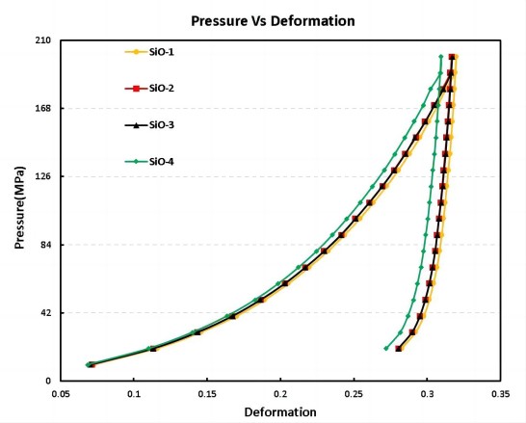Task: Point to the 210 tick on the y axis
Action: (42, 40)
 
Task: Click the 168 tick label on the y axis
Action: (42, 109)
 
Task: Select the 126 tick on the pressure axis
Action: (42, 176)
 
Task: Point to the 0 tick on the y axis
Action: (48, 381)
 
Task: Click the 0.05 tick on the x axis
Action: (61, 395)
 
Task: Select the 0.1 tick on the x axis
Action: (134, 395)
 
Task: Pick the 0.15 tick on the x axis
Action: (207, 395)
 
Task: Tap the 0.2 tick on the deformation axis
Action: (280, 395)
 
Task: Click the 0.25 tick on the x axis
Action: (354, 395)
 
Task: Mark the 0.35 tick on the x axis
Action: (500, 395)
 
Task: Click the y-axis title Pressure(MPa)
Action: (19, 210)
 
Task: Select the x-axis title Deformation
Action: (279, 412)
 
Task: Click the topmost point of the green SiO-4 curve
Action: (441, 57)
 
